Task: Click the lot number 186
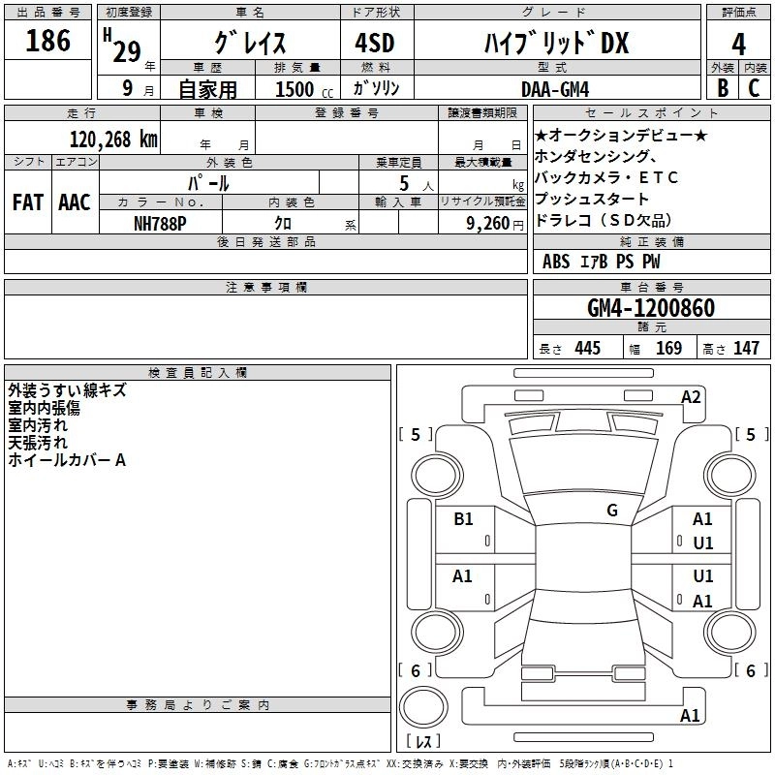click(x=48, y=41)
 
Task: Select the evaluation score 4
click(x=737, y=43)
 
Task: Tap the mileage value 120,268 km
click(x=114, y=139)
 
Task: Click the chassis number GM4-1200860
click(x=651, y=309)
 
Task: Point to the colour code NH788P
click(x=161, y=222)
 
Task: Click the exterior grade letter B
click(x=721, y=87)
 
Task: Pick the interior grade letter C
click(x=753, y=87)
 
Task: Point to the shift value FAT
click(x=27, y=202)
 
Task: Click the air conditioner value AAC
click(x=75, y=202)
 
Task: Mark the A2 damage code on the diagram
click(x=691, y=396)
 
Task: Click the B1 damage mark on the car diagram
click(x=463, y=519)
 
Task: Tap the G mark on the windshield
click(x=611, y=511)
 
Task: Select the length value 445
click(x=587, y=349)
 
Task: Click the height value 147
click(x=745, y=349)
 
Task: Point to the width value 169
click(x=668, y=349)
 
